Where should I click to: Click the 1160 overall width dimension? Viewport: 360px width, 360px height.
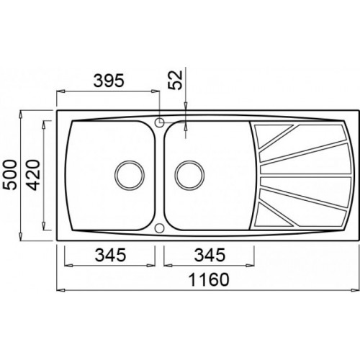coord(209,279)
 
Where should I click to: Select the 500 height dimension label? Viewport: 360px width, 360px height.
coord(12,175)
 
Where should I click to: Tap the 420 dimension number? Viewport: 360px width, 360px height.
coord(32,175)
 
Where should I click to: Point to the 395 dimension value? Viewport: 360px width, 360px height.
coord(109,81)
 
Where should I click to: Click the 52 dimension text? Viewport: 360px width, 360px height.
coord(176,80)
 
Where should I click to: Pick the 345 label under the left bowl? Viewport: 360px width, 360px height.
coord(110,255)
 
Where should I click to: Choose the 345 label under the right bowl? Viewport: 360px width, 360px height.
coord(210,255)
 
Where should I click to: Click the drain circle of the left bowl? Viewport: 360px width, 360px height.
coord(130,175)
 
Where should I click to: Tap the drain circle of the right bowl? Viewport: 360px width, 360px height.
coord(189,175)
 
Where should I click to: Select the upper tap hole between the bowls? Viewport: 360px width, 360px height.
coord(159,122)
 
